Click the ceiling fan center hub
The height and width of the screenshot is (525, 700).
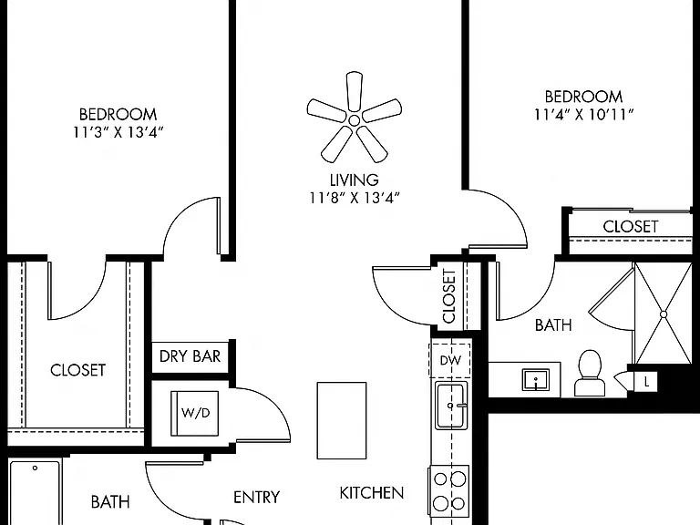354,120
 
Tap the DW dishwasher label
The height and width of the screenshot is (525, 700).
450,360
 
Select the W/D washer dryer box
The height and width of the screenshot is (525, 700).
195,414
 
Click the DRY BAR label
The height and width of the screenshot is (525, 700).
190,356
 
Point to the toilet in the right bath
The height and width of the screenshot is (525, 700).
590,373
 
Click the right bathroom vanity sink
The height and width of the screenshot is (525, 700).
536,380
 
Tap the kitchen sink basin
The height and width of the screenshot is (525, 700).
451,406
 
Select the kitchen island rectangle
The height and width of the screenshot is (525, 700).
342,420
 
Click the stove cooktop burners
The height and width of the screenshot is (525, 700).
449,491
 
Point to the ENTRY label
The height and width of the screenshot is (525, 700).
257,498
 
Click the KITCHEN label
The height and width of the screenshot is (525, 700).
372,493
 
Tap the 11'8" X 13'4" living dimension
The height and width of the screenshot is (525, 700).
355,198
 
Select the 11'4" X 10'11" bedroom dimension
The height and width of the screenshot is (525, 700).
584,115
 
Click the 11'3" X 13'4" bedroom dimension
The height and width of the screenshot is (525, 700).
118,132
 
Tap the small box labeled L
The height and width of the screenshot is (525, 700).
646,382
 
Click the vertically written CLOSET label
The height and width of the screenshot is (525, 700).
448,295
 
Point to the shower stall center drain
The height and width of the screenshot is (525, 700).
664,314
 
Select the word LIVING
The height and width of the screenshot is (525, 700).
355,180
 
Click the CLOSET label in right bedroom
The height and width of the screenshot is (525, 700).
631,227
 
